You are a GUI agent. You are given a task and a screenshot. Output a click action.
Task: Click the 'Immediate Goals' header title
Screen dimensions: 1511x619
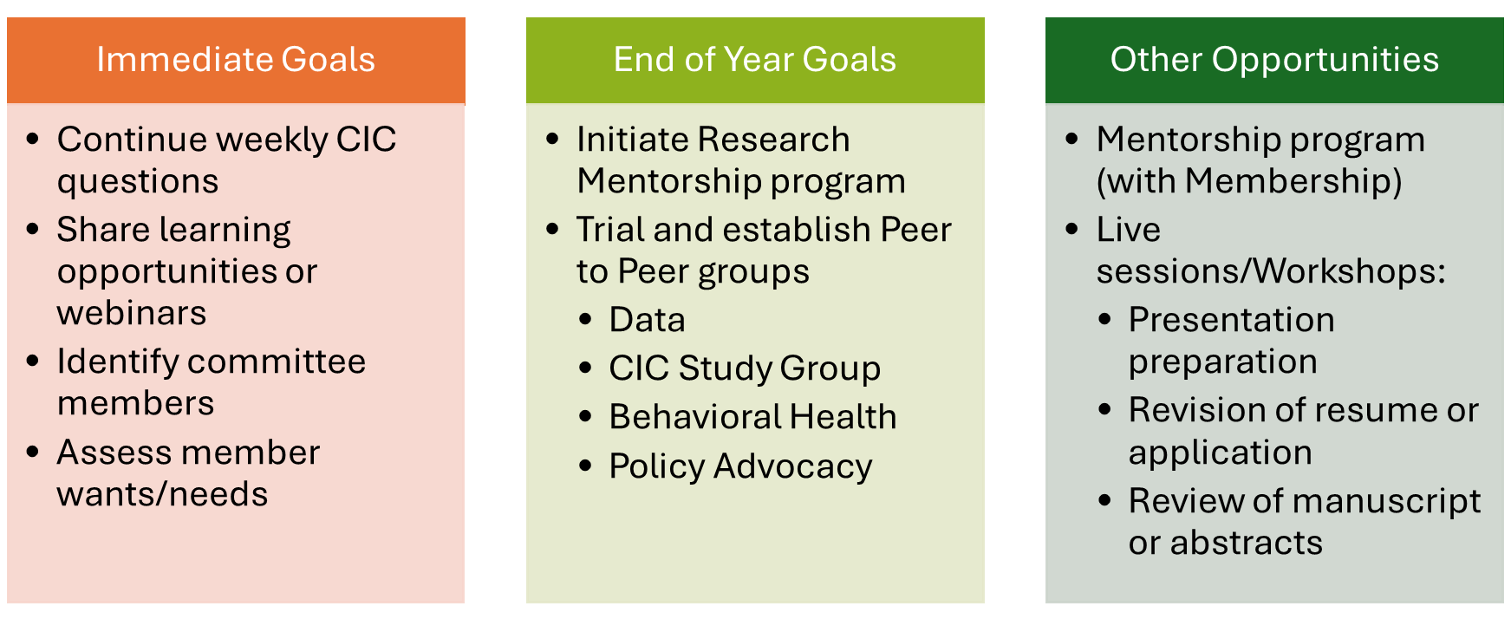pos(236,60)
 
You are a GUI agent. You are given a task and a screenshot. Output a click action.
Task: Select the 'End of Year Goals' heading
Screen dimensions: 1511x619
pos(755,60)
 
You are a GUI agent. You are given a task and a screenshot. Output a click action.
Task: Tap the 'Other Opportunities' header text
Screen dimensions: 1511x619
pos(1274,61)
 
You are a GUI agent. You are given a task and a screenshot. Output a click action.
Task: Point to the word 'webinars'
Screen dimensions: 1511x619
pos(132,313)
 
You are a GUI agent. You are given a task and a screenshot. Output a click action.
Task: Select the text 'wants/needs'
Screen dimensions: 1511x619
pos(162,494)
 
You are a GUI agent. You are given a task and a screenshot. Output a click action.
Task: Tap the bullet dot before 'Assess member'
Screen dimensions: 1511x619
pos(33,452)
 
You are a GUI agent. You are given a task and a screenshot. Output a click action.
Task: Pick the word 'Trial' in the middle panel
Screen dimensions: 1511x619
pos(610,230)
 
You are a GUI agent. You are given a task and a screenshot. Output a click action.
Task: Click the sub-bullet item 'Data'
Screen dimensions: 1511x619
pos(647,320)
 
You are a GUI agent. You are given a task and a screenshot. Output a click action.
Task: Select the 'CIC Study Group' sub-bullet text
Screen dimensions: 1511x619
pos(745,369)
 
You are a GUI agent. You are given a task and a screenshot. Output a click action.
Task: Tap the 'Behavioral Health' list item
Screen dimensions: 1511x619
pos(752,417)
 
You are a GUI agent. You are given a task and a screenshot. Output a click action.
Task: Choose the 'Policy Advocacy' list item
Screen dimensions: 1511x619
pos(740,467)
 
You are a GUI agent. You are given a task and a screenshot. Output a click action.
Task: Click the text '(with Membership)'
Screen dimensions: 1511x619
pos(1249,182)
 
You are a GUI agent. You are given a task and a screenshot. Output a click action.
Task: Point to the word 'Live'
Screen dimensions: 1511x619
pos(1128,230)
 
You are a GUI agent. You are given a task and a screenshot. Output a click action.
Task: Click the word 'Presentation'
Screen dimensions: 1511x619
pos(1231,320)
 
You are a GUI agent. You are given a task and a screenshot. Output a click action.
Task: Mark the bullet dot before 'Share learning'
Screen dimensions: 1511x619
pos(33,230)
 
